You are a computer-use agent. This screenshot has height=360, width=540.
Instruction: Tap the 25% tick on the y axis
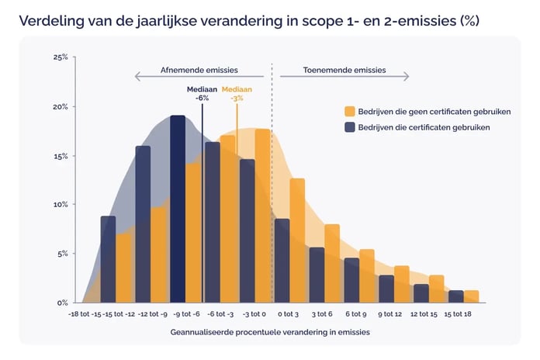point(61,57)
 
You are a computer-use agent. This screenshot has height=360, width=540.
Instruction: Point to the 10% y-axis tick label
point(61,205)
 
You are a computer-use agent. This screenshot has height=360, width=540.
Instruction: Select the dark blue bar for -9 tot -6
point(178,209)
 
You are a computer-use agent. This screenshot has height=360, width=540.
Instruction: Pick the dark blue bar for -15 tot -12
point(108,260)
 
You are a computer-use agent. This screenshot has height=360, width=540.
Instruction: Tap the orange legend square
point(350,112)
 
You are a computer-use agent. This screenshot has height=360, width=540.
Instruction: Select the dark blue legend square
point(350,127)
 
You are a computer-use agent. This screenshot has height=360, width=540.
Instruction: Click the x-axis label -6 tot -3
point(221,314)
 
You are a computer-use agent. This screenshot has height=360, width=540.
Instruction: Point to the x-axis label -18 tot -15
point(85,314)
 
